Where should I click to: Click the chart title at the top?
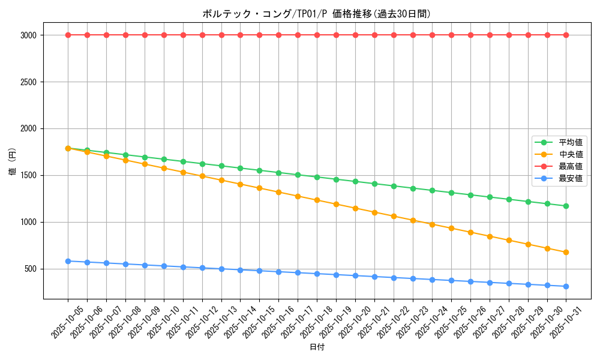(316, 14)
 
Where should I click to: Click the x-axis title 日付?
(317, 347)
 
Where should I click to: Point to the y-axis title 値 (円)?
(13, 162)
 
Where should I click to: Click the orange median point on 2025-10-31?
(566, 252)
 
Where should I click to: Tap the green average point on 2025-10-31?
(566, 206)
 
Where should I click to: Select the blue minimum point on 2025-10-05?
(68, 261)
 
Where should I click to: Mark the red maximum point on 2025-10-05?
(68, 35)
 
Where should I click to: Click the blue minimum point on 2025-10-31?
(566, 286)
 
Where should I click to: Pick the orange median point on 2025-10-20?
(355, 208)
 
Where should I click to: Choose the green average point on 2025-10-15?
(260, 170)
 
